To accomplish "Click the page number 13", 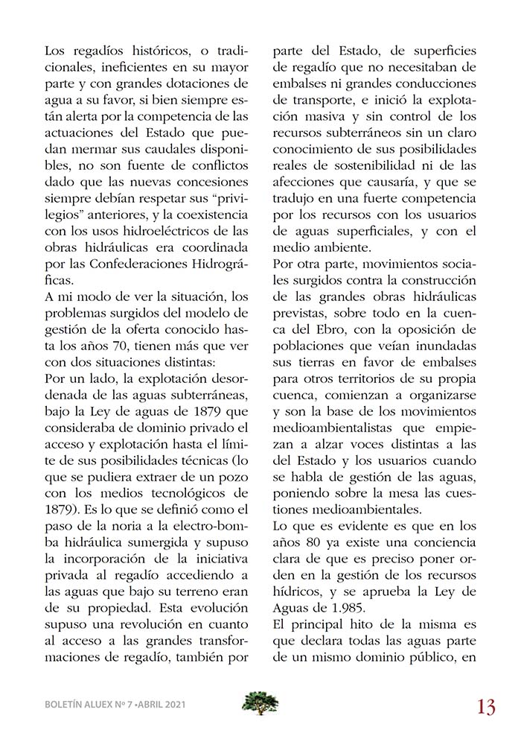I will pyautogui.click(x=486, y=705).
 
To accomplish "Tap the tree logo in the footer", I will pyautogui.click(x=260, y=703).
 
